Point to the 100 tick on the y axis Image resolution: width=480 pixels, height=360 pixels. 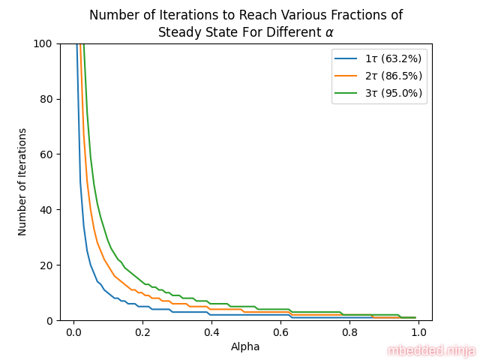pyautogui.click(x=42, y=43)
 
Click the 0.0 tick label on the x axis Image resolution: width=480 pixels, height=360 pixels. pyautogui.click(x=73, y=331)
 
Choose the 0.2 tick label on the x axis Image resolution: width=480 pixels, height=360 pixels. pyautogui.click(x=142, y=331)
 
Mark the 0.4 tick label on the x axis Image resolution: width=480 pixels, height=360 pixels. pyautogui.click(x=211, y=331)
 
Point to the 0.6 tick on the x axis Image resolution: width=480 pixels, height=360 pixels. pyautogui.click(x=280, y=331)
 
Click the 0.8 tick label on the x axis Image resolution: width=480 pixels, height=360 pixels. pyautogui.click(x=349, y=331)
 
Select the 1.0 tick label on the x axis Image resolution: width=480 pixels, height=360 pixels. pyautogui.click(x=418, y=331)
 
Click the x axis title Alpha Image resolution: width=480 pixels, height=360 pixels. pyautogui.click(x=246, y=346)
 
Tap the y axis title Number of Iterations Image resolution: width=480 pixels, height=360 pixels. pyautogui.click(x=23, y=182)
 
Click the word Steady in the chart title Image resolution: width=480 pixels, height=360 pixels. pyautogui.click(x=177, y=32)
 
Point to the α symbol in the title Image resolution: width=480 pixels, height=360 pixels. pyautogui.click(x=328, y=33)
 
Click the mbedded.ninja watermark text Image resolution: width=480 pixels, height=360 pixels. pyautogui.click(x=431, y=350)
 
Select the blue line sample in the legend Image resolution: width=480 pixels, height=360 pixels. pyautogui.click(x=347, y=58)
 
